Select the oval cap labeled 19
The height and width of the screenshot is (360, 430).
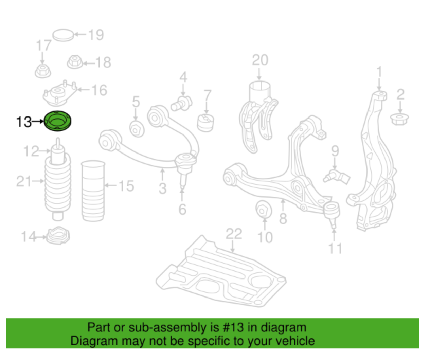(x=63, y=35)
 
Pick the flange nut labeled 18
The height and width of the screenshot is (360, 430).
(x=75, y=62)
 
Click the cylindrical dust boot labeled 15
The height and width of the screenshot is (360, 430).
(x=93, y=191)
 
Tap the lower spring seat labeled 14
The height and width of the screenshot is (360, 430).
(x=58, y=235)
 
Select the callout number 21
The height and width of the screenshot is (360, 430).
(x=24, y=181)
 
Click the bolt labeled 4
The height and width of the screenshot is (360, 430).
(x=181, y=103)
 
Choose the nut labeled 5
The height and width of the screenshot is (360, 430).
(x=137, y=129)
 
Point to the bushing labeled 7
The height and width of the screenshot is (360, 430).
(x=205, y=123)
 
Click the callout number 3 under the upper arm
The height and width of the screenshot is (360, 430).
(x=163, y=188)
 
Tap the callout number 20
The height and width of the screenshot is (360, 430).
(x=260, y=60)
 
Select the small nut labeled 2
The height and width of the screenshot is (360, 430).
(x=400, y=120)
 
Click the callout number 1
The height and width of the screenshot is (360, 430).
(x=379, y=72)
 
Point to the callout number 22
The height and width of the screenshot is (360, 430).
(x=234, y=234)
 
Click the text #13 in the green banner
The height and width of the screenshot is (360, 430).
(x=233, y=327)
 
